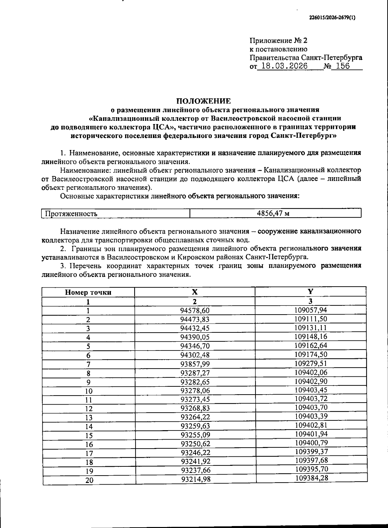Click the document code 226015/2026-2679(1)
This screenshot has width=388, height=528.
(332, 18)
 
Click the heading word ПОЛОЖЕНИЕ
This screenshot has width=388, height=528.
(203, 101)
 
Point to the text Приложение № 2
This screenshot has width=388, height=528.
(278, 41)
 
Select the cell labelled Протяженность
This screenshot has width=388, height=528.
(71, 214)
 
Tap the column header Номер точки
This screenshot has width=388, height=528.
(88, 292)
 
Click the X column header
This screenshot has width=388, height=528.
(195, 292)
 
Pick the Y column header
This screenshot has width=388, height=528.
(310, 291)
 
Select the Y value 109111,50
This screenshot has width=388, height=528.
(311, 319)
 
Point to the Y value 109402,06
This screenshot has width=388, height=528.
(311, 372)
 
